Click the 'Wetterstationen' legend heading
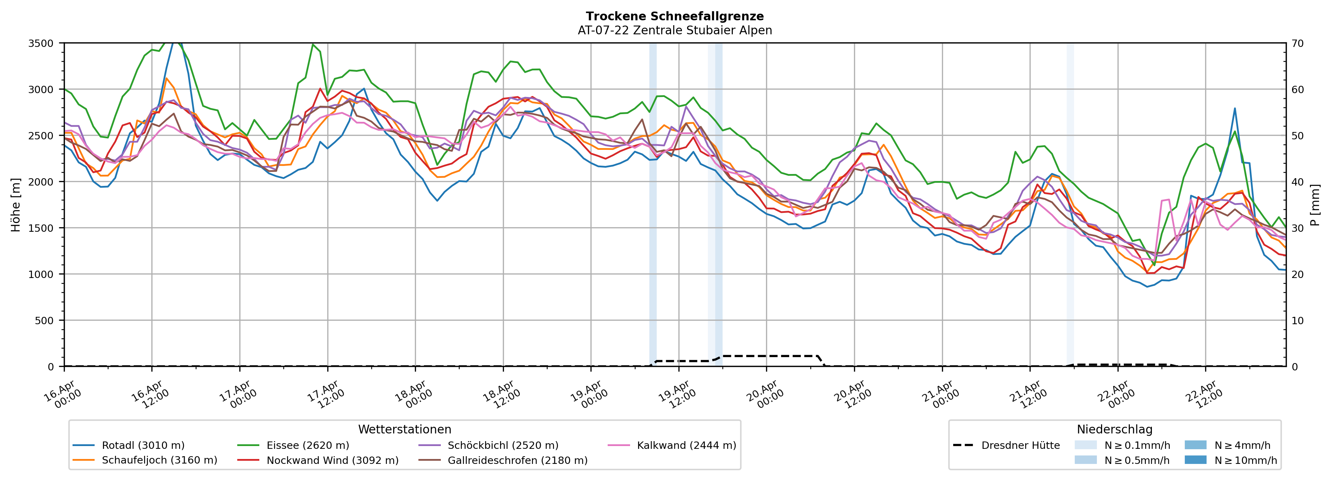(404, 429)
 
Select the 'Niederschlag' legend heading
(1114, 429)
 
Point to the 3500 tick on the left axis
(41, 43)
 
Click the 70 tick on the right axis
(1297, 43)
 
